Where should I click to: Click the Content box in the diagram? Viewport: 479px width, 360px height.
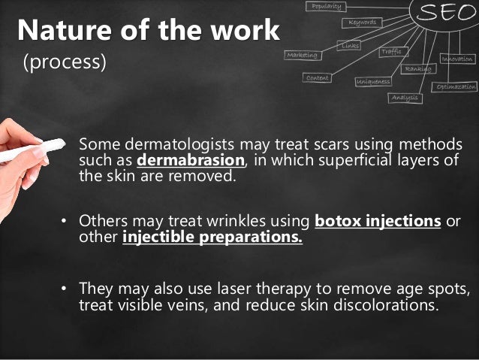pos(318,77)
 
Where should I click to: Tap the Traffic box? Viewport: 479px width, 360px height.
pos(392,52)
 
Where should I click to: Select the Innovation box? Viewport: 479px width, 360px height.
pos(457,58)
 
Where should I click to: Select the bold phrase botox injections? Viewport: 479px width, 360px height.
pos(378,222)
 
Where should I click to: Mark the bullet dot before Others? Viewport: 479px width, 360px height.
pos(65,222)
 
